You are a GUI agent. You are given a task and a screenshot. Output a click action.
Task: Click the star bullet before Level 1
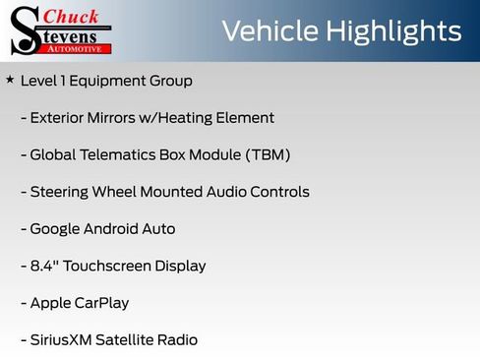tap(10, 80)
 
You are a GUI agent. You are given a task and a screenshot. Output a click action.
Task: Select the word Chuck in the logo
tap(73, 16)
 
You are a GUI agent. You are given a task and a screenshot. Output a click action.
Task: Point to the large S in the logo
tap(25, 31)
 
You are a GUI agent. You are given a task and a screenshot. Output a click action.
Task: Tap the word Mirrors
tap(109, 118)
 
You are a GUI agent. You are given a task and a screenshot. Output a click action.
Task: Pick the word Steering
tap(59, 192)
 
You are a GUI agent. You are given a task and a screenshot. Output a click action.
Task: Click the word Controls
tap(278, 192)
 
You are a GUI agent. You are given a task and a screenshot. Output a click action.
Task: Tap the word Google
tap(56, 229)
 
